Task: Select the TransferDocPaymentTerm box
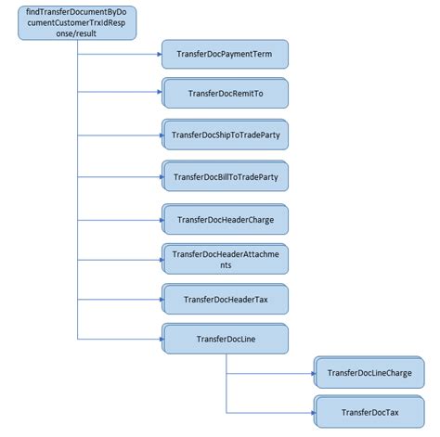pos(226,55)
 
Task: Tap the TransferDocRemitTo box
pos(226,94)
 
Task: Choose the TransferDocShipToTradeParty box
pos(226,135)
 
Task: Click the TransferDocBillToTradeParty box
pos(226,175)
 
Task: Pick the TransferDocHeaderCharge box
pos(226,219)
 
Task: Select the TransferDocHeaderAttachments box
pos(226,259)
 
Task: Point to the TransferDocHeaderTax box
pos(226,299)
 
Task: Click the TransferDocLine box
pos(226,339)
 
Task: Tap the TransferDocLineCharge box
pos(369,372)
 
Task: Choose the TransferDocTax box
pos(369,412)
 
